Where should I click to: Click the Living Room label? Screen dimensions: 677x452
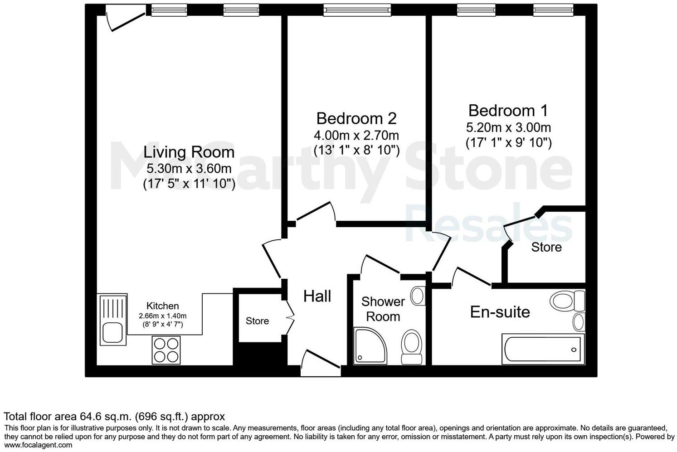click(189, 152)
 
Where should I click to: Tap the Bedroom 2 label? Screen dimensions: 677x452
click(356, 118)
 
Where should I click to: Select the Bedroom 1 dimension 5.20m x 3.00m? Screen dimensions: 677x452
click(508, 127)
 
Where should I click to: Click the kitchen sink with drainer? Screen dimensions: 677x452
click(113, 319)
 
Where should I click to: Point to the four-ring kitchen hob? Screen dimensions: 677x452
click(166, 350)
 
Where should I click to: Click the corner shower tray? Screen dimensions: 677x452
click(370, 346)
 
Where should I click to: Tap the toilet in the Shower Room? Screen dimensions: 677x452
click(411, 347)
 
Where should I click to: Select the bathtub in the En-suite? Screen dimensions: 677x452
click(543, 349)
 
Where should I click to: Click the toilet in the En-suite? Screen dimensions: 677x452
click(567, 301)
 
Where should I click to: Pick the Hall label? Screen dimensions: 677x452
click(317, 296)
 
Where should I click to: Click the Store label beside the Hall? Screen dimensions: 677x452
click(257, 321)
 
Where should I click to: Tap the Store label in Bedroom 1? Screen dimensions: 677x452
click(546, 247)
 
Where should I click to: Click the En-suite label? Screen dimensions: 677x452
click(500, 312)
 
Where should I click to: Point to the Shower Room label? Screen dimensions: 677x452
click(383, 309)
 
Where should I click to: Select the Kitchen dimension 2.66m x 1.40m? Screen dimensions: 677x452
click(163, 316)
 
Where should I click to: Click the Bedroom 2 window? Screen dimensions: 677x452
click(357, 10)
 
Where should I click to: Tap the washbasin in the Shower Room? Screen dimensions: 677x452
click(418, 296)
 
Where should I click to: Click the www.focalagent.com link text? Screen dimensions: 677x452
click(38, 445)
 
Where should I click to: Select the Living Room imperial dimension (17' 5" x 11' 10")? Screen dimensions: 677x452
click(189, 184)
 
